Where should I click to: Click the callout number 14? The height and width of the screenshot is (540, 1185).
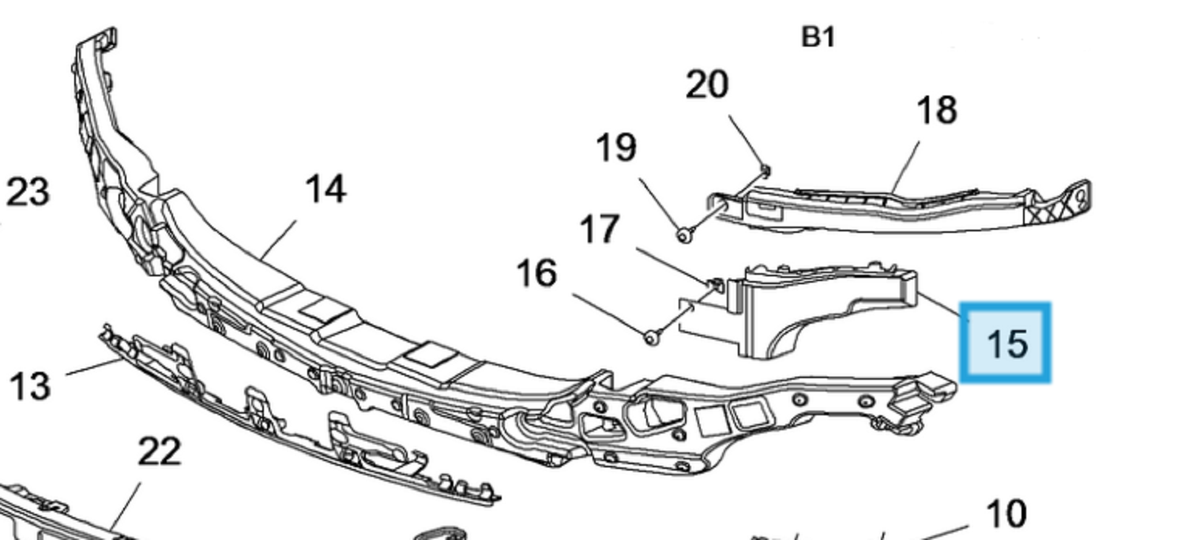pyautogui.click(x=325, y=190)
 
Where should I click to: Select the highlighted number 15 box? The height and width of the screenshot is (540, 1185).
pyautogui.click(x=1005, y=343)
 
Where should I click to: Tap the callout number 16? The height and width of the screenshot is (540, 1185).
pyautogui.click(x=536, y=274)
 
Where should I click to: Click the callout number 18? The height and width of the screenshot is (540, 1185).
pyautogui.click(x=937, y=111)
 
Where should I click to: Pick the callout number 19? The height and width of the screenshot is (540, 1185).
pyautogui.click(x=615, y=148)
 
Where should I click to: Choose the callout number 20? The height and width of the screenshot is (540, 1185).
pyautogui.click(x=706, y=84)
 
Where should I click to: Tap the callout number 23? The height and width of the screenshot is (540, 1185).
pyautogui.click(x=28, y=192)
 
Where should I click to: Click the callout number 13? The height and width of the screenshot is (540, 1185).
pyautogui.click(x=30, y=386)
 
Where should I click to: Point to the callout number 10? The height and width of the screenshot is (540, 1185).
pyautogui.click(x=1006, y=514)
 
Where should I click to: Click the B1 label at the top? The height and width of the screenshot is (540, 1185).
pyautogui.click(x=818, y=36)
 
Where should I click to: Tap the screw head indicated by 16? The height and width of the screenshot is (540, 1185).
pyautogui.click(x=650, y=338)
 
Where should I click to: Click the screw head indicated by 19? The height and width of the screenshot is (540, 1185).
pyautogui.click(x=684, y=234)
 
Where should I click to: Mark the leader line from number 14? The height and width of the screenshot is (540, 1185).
pyautogui.click(x=279, y=240)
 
